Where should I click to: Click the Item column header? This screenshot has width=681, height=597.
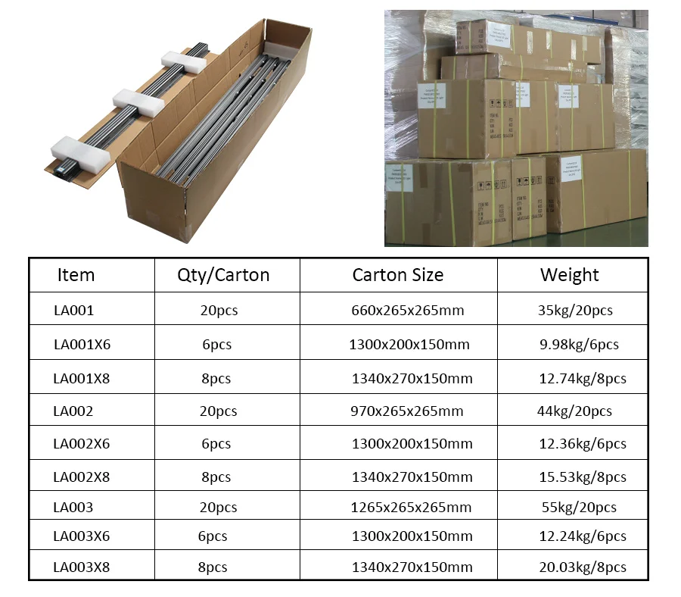tap(76, 275)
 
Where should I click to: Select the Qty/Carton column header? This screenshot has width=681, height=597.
tap(223, 275)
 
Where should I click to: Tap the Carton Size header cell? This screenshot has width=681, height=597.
tap(397, 275)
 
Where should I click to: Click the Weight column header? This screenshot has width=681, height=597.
tap(569, 275)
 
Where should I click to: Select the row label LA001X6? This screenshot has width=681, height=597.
tap(82, 345)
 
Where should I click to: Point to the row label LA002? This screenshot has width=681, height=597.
tap(73, 411)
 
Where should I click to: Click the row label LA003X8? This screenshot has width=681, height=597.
tap(82, 567)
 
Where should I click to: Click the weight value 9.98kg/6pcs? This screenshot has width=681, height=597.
tap(579, 345)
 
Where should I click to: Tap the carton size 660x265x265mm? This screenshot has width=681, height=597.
tap(408, 311)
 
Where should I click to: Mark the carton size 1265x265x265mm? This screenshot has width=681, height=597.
tap(412, 508)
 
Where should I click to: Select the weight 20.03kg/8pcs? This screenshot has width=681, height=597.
tap(583, 567)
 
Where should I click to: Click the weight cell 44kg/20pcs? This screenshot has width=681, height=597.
tap(574, 411)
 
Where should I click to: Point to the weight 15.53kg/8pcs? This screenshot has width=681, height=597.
tap(583, 477)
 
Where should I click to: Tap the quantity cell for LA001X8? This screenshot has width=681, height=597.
tap(216, 379)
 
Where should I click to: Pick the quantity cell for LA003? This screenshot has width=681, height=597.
tap(218, 508)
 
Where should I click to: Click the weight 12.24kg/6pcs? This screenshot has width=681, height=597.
tap(583, 536)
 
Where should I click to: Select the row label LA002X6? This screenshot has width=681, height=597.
tap(82, 444)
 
